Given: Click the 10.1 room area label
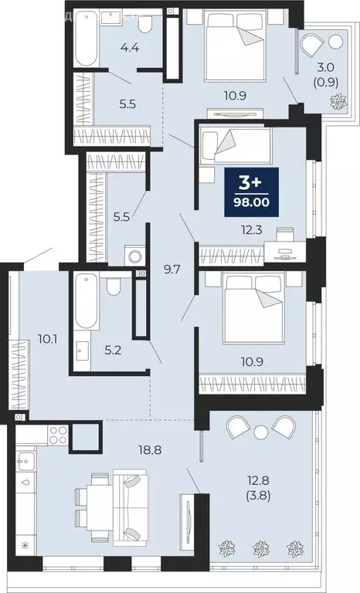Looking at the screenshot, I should click(x=48, y=337).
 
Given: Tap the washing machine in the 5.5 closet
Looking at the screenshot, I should click(x=134, y=255).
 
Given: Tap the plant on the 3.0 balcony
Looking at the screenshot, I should click(x=337, y=100).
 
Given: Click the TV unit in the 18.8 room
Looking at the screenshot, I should click(x=187, y=518).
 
